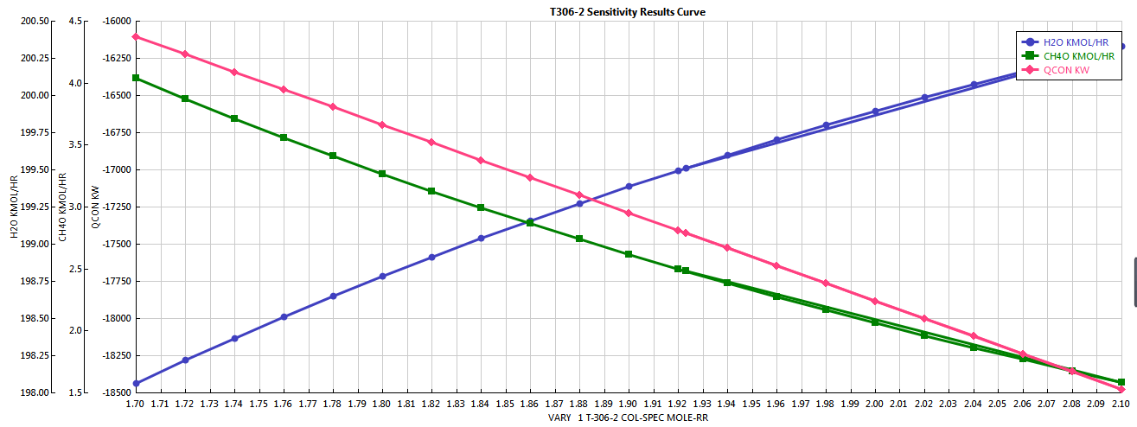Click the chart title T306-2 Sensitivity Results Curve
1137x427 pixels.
click(x=628, y=11)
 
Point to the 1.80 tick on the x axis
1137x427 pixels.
click(x=382, y=404)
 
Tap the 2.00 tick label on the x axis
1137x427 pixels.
click(x=875, y=404)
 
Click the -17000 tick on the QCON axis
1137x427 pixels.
click(x=115, y=169)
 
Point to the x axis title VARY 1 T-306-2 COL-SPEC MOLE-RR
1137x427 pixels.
click(x=629, y=417)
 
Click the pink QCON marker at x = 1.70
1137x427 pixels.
click(x=136, y=36)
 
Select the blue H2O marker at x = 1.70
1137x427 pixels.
click(x=136, y=383)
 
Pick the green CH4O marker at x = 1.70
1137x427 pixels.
click(x=136, y=78)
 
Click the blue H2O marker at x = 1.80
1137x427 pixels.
click(x=382, y=277)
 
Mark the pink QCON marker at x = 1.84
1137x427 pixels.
click(x=481, y=161)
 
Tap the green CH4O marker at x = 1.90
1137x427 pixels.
click(x=629, y=254)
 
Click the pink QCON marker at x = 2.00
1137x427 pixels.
click(x=875, y=301)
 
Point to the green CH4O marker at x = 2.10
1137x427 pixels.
click(x=1121, y=382)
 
